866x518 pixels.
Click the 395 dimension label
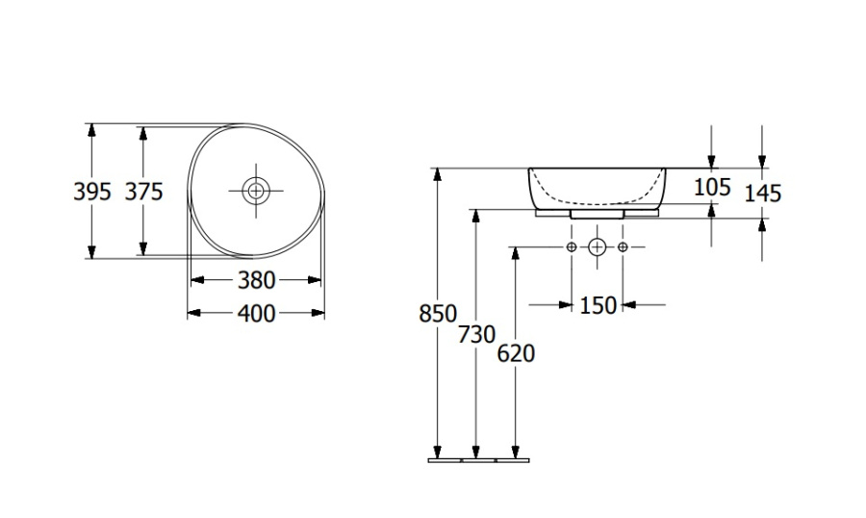point(92,192)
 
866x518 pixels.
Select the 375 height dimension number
point(143,192)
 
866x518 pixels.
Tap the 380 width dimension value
point(256,280)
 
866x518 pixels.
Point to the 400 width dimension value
point(256,314)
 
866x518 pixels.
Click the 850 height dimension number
point(438,314)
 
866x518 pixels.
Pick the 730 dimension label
point(476,334)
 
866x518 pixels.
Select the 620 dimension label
point(516,353)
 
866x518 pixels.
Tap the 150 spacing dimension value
point(598,305)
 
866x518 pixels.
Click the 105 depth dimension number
point(712,188)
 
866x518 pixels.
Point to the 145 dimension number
point(763,194)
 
